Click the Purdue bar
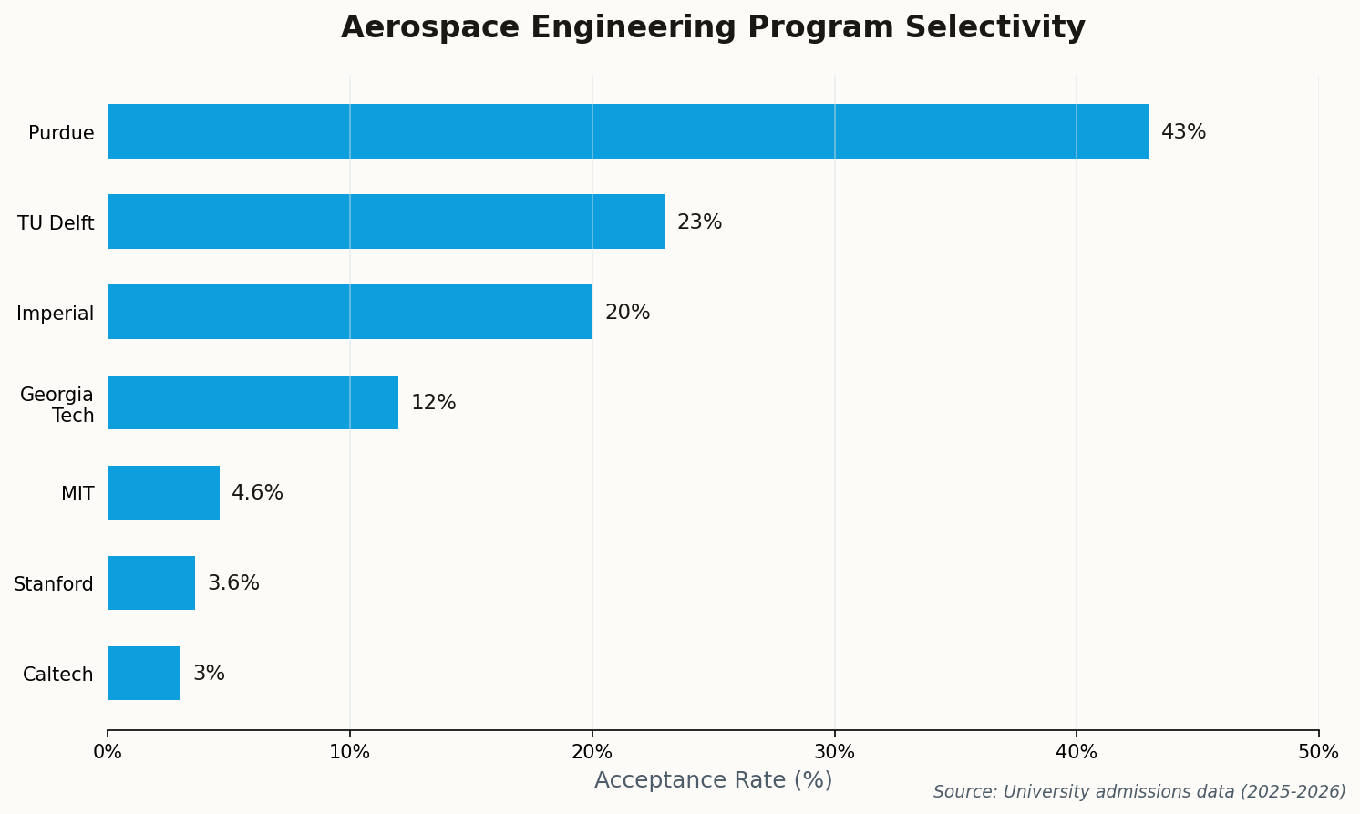[628, 131]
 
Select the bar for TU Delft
[386, 222]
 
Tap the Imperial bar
[350, 312]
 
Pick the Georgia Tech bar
[252, 402]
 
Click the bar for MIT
[163, 492]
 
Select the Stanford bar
[151, 582]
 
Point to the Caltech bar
[144, 673]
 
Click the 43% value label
[1183, 132]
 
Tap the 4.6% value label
[257, 493]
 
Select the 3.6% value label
[233, 583]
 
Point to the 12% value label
[433, 403]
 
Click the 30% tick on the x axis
[834, 752]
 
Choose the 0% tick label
[108, 752]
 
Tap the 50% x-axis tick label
[1318, 752]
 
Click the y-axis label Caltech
[58, 675]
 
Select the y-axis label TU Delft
[56, 223]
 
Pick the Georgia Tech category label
[57, 405]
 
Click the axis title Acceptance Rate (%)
[713, 780]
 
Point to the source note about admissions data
[1138, 792]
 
